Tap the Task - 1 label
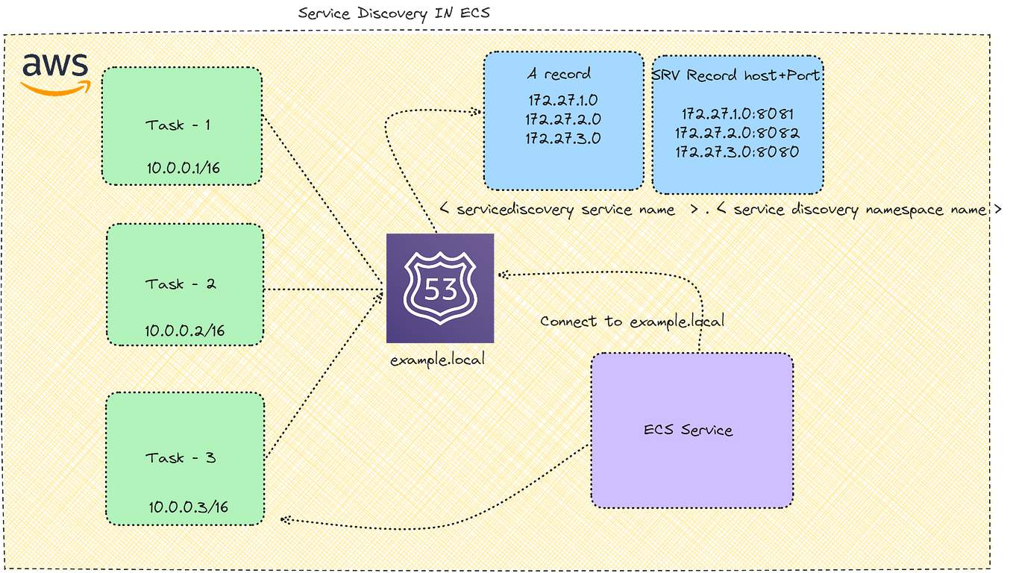point(178,125)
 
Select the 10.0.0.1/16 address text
point(183,169)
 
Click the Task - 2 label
point(180,284)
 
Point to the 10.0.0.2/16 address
point(185,331)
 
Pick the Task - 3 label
point(181,457)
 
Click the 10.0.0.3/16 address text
point(188,507)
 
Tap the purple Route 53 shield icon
point(440,288)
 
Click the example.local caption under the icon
point(437,360)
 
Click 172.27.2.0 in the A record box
point(563,119)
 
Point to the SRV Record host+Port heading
point(737,75)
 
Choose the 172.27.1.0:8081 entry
point(737,115)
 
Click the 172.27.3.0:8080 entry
point(737,152)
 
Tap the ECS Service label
point(688,430)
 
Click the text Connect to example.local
point(632,322)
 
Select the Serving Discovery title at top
point(393,13)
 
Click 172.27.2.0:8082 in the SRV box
point(737,134)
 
